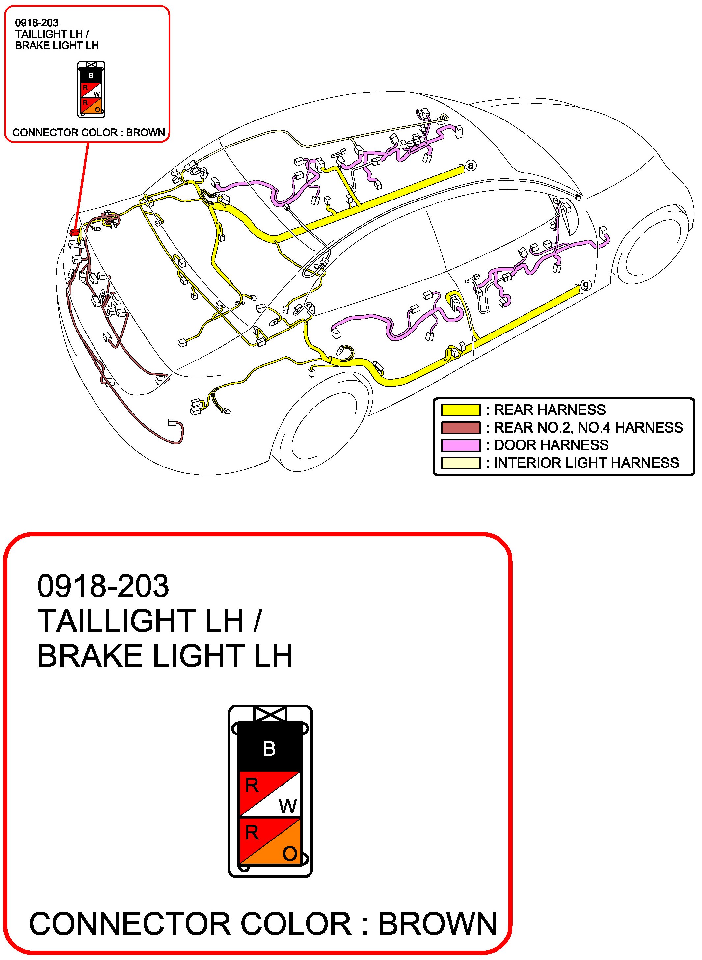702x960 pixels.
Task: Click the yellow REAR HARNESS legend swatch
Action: (461, 410)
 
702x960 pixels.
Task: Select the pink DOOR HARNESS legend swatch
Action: (461, 445)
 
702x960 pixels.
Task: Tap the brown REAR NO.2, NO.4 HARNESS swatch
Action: (461, 427)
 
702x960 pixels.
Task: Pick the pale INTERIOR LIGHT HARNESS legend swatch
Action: (461, 463)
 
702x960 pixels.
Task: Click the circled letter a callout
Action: (471, 166)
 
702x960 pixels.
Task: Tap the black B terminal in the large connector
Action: (269, 748)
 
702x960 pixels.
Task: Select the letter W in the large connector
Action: (288, 806)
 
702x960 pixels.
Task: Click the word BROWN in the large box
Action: (437, 924)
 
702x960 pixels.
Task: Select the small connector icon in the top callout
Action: (91, 90)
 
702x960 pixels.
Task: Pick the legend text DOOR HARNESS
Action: (551, 445)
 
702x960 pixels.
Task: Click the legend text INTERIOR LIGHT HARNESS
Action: (586, 463)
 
